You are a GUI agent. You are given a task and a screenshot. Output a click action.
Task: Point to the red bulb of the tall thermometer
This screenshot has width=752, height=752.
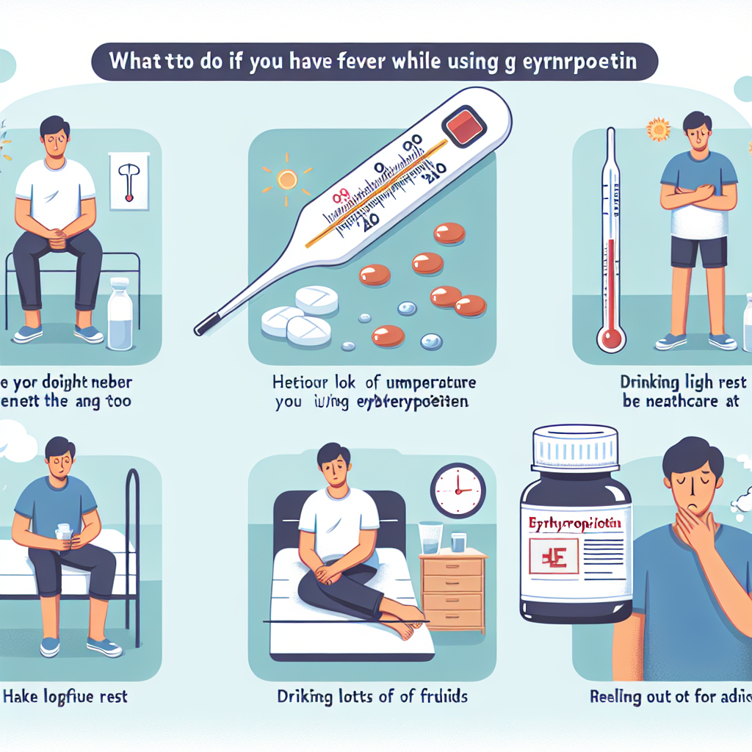tap(611, 339)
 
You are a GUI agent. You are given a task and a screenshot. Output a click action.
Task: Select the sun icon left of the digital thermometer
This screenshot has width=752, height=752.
tap(286, 178)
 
